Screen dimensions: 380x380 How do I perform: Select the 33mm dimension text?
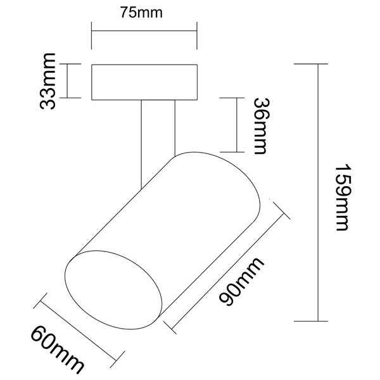pos(49,81)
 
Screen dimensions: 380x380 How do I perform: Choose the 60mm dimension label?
pos(58,348)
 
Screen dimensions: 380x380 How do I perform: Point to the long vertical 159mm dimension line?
pos(316,193)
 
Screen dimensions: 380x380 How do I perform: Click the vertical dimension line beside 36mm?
pos(236,125)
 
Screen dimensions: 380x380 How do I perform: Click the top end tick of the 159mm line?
pos(316,64)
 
